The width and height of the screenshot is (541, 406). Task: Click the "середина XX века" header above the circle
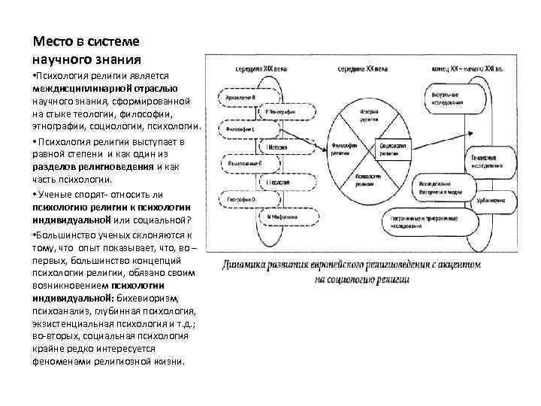pyautogui.click(x=362, y=69)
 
